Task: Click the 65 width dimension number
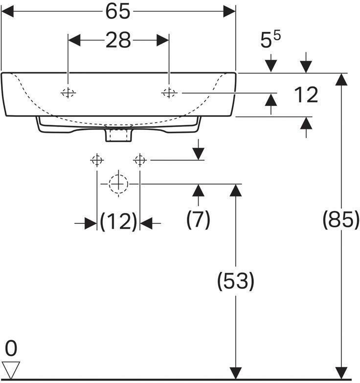click(x=117, y=12)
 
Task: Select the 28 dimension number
click(x=118, y=40)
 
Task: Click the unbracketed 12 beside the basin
click(x=306, y=95)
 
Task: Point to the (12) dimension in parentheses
click(x=118, y=221)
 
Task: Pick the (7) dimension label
click(x=199, y=219)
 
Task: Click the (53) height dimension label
click(x=236, y=280)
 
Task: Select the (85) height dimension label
click(x=341, y=220)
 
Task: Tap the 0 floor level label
click(x=11, y=348)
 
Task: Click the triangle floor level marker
click(x=11, y=369)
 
